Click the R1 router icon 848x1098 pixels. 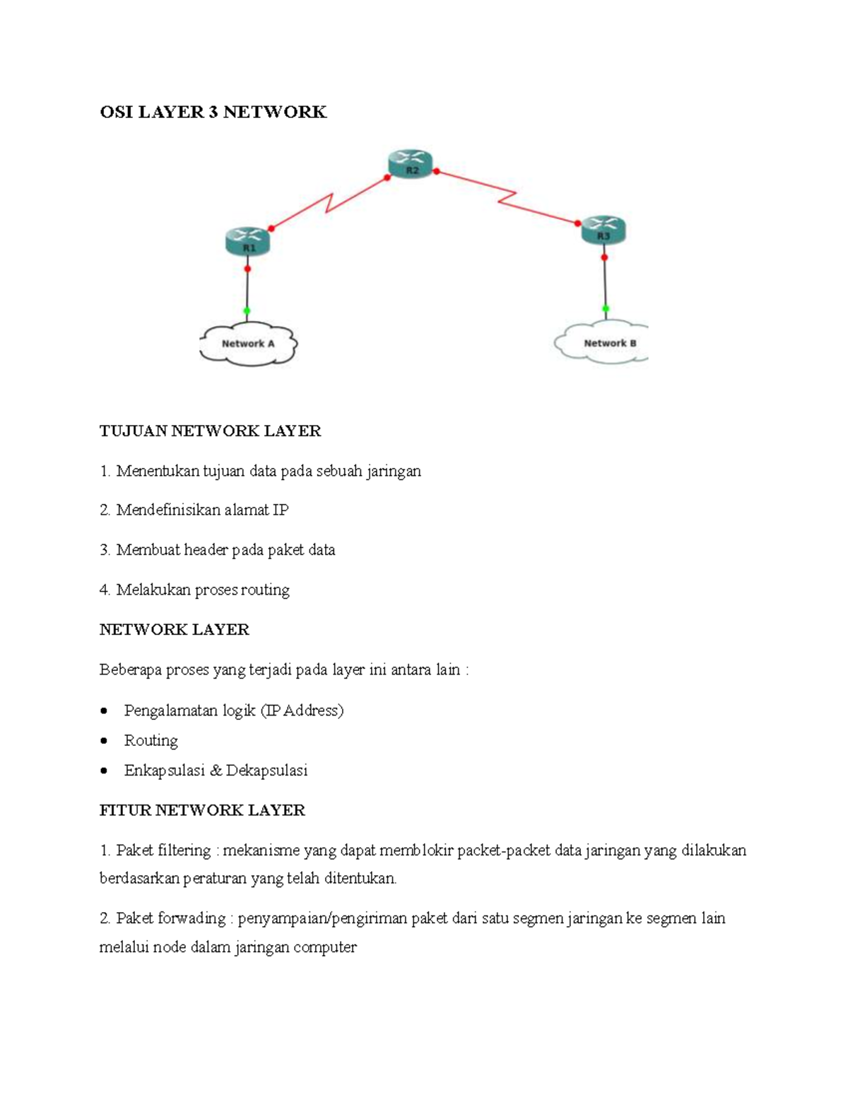248,241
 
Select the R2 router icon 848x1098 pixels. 411,164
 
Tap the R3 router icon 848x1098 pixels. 603,230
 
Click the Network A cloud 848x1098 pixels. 248,344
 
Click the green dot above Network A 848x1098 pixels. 247,311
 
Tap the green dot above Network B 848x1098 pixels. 606,308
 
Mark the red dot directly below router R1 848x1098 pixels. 247,269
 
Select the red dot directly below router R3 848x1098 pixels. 604,257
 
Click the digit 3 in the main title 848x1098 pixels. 213,112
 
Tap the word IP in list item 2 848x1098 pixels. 281,510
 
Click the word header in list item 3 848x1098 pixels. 206,550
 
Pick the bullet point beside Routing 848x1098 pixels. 105,741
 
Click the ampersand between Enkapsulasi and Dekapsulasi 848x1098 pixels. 216,771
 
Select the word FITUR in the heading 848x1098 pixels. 125,810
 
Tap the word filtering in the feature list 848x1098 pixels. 184,851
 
